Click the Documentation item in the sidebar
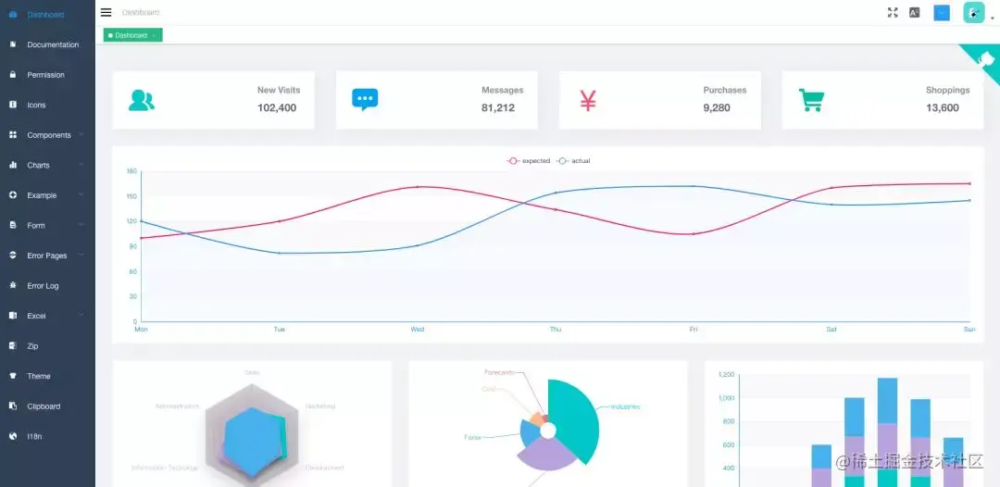52,44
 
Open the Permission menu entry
45,75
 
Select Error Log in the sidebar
43,286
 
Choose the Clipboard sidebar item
44,406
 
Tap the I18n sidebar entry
35,436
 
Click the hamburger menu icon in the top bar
106,12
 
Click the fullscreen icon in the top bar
893,12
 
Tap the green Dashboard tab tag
132,35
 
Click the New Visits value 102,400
277,108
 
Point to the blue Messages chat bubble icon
365,99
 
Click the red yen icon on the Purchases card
588,100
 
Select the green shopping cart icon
811,100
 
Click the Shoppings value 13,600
943,108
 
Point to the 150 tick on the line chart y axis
131,196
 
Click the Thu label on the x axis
556,330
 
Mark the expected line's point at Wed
418,187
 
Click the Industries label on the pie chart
624,406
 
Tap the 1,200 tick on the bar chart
726,375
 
